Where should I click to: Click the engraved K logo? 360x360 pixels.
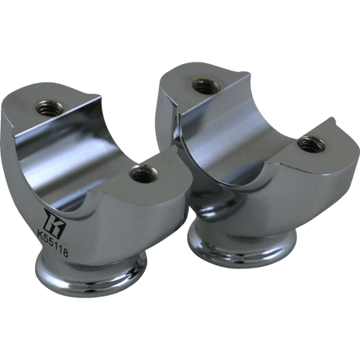52,217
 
